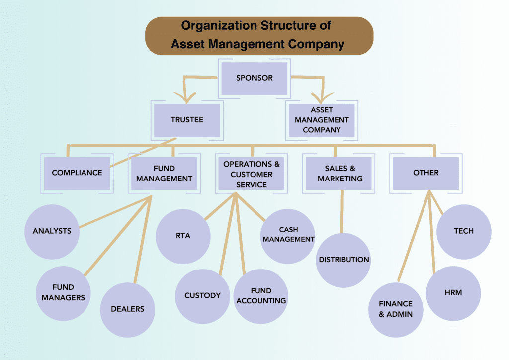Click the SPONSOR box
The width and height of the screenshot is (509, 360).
254,78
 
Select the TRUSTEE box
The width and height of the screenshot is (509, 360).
187,120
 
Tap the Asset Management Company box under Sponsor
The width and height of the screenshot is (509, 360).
322,120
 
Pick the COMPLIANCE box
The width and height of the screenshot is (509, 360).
77,173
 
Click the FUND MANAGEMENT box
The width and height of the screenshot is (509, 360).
164,173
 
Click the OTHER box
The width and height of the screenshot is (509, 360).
425,173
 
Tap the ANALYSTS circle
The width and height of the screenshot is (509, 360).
52,231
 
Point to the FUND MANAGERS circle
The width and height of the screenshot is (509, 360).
63,292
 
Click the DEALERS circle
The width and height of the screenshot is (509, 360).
127,309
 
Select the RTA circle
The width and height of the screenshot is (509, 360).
183,236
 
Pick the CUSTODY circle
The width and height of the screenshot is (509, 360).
202,295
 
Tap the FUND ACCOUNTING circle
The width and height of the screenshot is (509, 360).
261,296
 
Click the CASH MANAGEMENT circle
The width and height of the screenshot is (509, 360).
288,235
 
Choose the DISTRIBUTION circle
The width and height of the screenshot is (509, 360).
343,260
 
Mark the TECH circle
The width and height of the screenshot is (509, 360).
463,231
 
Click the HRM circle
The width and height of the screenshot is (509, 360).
453,292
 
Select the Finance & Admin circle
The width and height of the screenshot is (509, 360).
396,309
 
